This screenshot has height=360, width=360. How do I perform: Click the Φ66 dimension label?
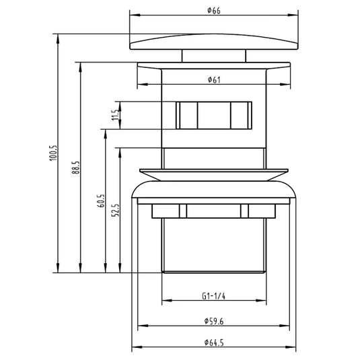coord(214,11)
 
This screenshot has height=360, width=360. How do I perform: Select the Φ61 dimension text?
coord(214,79)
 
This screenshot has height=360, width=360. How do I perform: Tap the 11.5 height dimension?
coord(116,115)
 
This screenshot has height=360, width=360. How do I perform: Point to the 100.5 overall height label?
coord(53,153)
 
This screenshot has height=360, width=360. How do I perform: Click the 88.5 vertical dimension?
coord(76,168)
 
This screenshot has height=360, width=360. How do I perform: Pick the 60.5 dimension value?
coord(101,201)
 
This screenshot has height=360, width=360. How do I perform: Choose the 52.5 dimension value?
coord(116,210)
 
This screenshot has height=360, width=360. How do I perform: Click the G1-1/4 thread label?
coord(213,296)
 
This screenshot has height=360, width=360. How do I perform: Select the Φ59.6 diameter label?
coord(214,321)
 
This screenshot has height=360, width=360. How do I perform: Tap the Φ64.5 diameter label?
coord(214,343)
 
